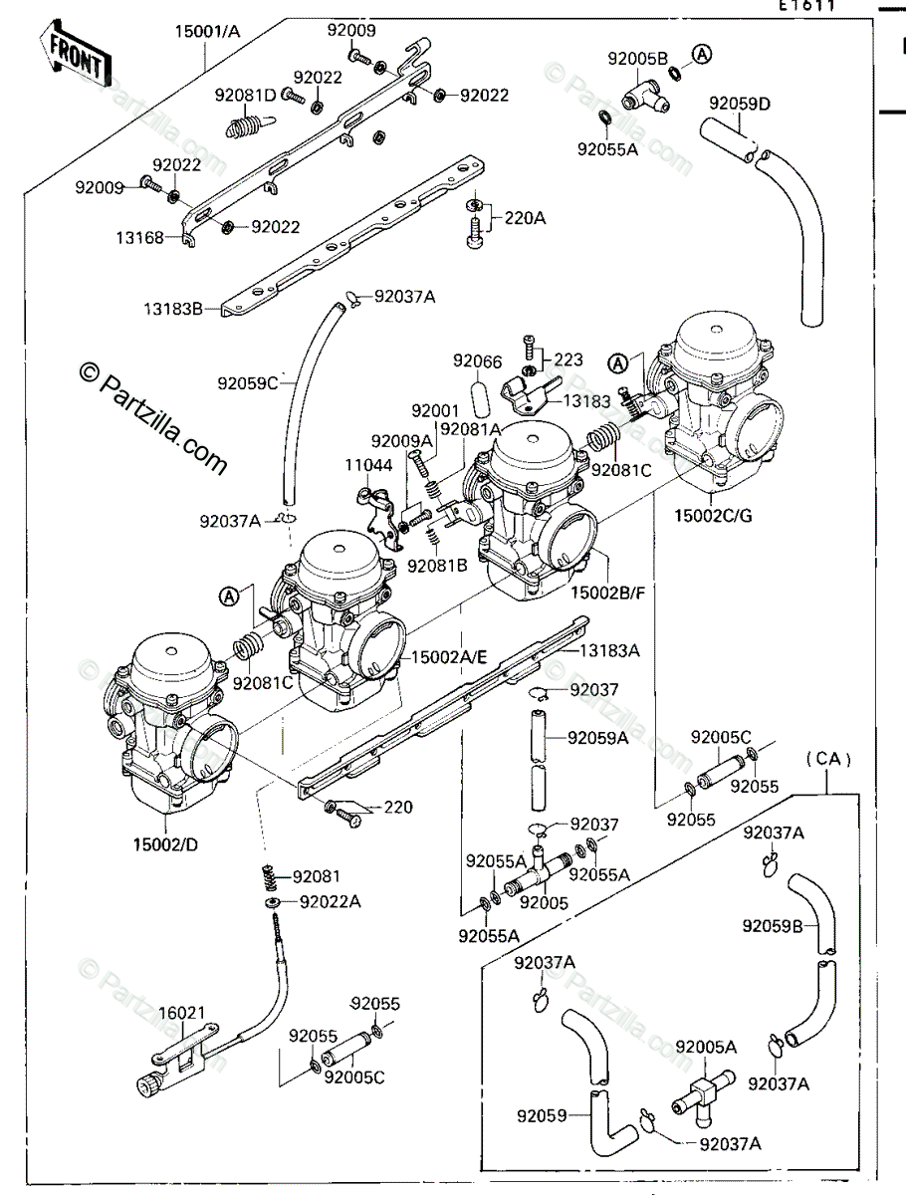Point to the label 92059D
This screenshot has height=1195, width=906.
click(x=740, y=103)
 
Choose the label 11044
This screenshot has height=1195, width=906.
click(x=369, y=465)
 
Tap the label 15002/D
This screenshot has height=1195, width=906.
click(x=165, y=845)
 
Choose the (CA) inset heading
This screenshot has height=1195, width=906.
click(x=828, y=760)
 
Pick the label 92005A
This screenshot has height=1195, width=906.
click(x=706, y=1047)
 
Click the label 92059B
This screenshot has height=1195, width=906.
click(x=772, y=926)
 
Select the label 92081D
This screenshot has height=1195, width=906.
click(x=246, y=97)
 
